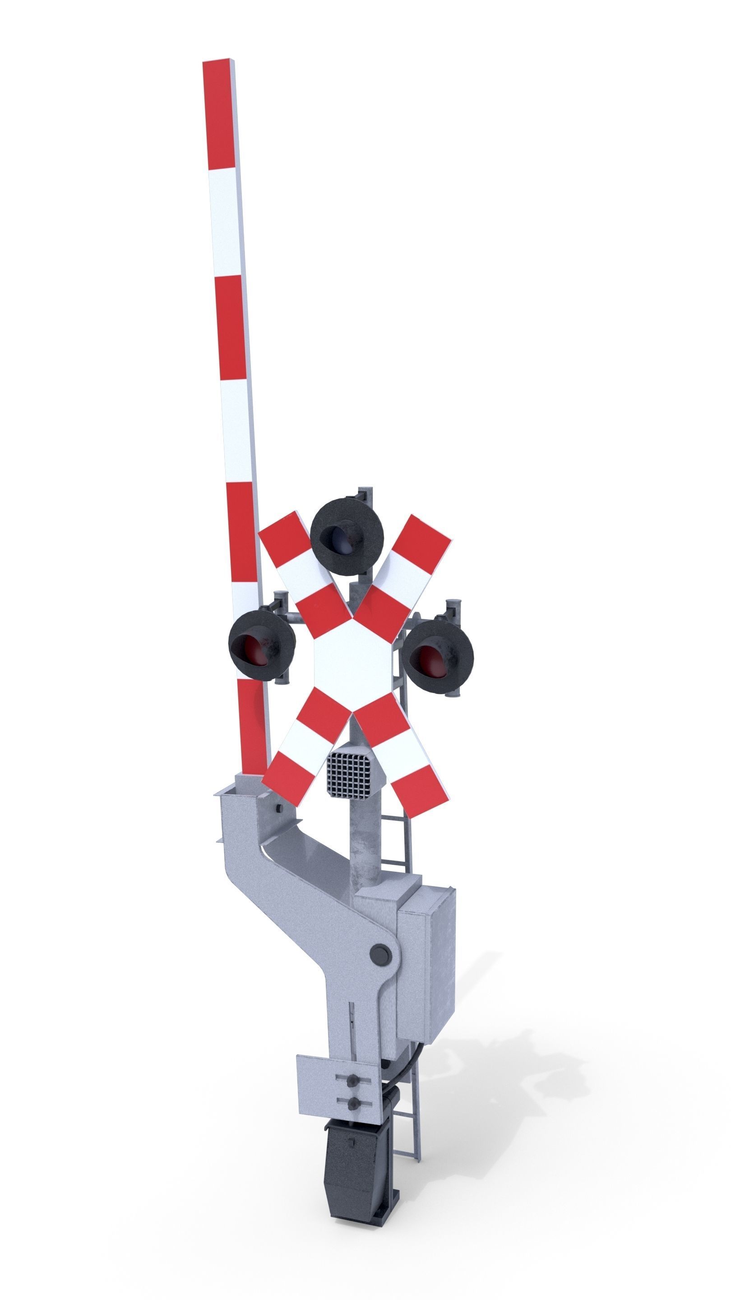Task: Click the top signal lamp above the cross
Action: click(x=347, y=537)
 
